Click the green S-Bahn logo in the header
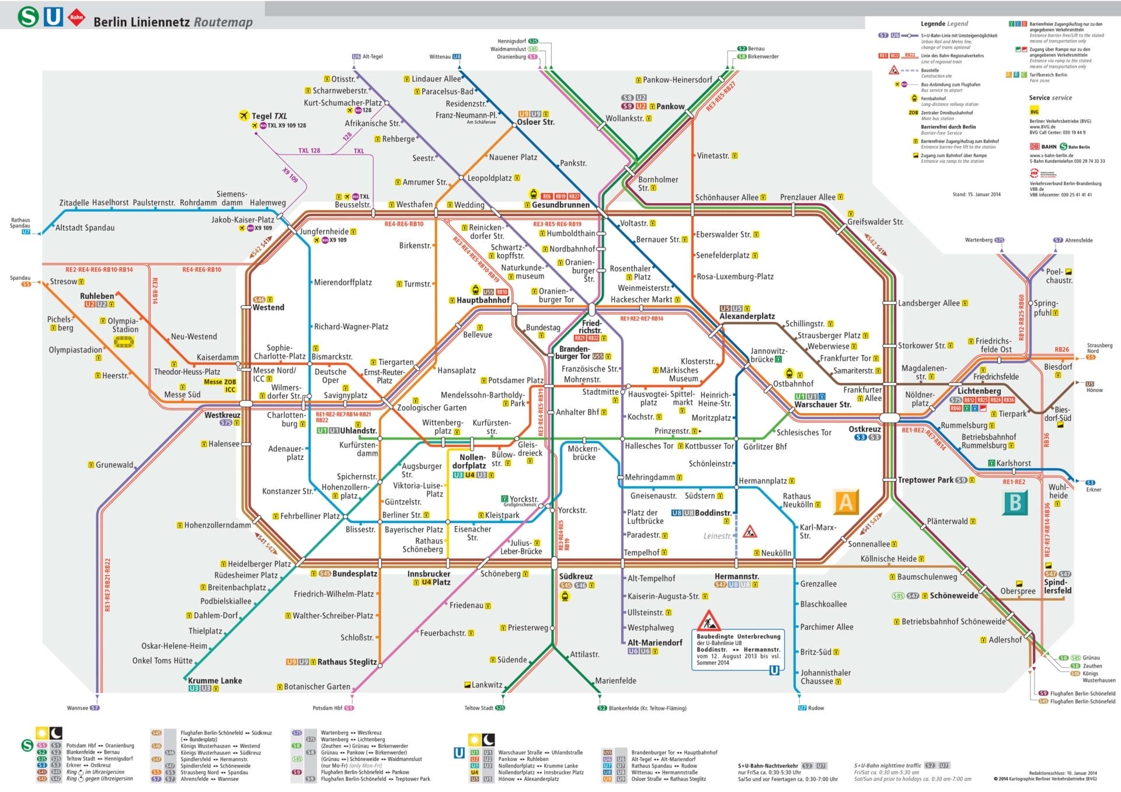(x=27, y=16)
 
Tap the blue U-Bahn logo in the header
(x=54, y=16)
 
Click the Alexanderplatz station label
(x=747, y=316)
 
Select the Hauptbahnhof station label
(x=483, y=300)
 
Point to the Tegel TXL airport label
(x=269, y=116)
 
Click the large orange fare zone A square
(x=845, y=502)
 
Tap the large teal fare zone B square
(x=1015, y=503)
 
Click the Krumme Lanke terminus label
(x=215, y=681)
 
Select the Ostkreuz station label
(x=864, y=429)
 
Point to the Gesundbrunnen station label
(x=560, y=205)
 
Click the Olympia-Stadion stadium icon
(x=123, y=342)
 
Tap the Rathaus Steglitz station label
(x=347, y=662)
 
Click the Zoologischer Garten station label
(x=431, y=407)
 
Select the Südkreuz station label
(x=576, y=576)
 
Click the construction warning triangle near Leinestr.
(x=750, y=532)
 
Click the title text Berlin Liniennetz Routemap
(x=173, y=22)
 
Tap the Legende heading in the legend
(x=944, y=24)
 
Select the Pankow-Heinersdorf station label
(x=677, y=80)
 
